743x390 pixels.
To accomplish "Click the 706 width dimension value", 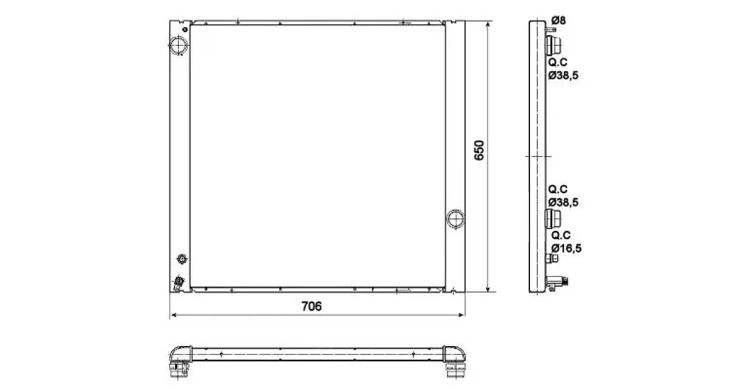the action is pos(311,306).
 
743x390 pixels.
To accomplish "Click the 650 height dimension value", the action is pos(479,150).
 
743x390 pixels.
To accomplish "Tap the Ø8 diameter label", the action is pos(558,20).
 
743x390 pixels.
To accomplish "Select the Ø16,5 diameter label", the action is pos(566,248).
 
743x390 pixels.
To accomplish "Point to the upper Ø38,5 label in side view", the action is pos(563,76).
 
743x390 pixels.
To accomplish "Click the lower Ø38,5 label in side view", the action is pos(563,202).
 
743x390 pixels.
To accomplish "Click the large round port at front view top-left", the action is pos(178,45).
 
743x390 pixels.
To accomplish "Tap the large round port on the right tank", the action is pos(455,219).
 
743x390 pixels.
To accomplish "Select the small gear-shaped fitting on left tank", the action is pos(182,259).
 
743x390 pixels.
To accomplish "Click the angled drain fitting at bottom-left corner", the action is pos(178,284).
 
